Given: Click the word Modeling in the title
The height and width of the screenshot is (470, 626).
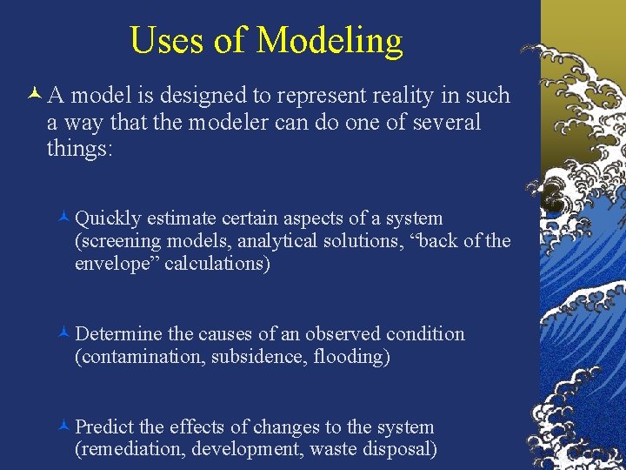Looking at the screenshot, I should pyautogui.click(x=330, y=41).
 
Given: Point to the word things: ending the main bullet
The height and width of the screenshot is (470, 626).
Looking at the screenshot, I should pyautogui.click(x=79, y=149).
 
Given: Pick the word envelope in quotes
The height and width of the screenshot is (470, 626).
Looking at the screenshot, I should pyautogui.click(x=114, y=264).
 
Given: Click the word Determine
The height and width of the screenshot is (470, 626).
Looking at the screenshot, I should pyautogui.click(x=119, y=334).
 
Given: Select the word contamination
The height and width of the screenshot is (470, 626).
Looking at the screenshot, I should pyautogui.click(x=140, y=357).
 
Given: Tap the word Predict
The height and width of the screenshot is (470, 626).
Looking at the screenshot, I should pyautogui.click(x=104, y=427).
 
